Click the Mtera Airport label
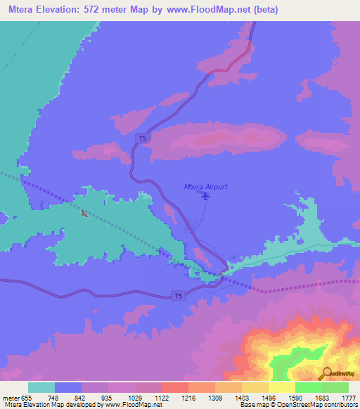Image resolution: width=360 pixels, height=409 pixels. coord(205,186)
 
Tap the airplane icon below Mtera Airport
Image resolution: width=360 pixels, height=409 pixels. coord(205,197)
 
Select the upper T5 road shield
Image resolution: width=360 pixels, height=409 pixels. coord(143,138)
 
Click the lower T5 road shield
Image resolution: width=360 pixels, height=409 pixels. coord(180,297)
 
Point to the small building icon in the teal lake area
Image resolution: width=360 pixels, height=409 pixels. coord(84,213)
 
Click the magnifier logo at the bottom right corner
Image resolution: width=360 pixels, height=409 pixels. coord(326,373)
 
